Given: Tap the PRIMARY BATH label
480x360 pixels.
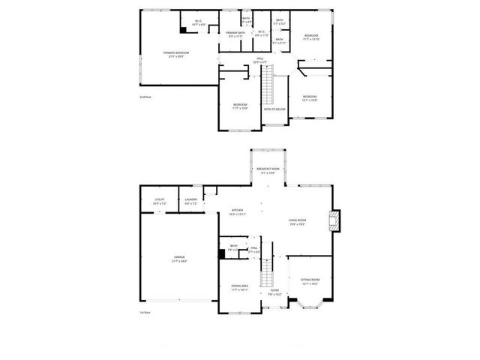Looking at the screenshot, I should tap(235, 34).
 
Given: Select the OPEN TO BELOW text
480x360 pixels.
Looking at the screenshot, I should tap(274, 109).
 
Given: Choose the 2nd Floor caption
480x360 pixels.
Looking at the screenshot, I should tap(145, 97).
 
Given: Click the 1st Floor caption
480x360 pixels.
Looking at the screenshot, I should tap(145, 312).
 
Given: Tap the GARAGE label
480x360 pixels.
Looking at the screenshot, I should tap(179, 259).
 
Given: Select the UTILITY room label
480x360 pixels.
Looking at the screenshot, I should tap(159, 200).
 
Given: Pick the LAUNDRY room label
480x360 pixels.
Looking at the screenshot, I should tap(190, 200).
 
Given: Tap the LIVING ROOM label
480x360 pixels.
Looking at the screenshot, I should tap(297, 220).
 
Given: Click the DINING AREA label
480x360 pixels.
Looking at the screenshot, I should tap(240, 287).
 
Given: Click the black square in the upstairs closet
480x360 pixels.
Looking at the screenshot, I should tap(183, 30).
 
